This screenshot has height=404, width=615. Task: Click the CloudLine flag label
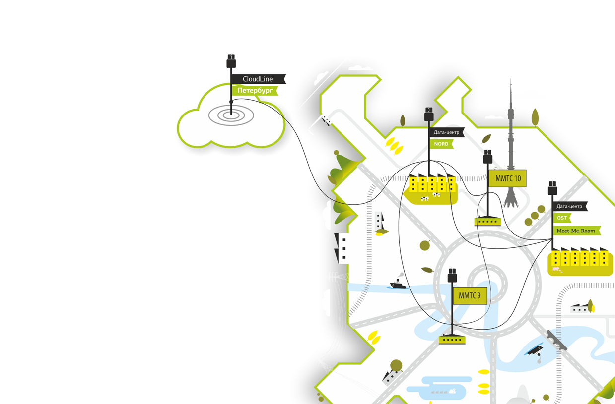[258, 79]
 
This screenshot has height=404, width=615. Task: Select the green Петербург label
[254, 91]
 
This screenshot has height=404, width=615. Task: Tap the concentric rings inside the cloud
[231, 115]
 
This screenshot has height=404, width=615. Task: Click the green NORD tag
[441, 144]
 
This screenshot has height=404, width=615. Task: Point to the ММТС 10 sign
[507, 178]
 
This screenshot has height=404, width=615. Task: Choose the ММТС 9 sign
[470, 296]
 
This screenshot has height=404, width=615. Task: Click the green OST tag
[562, 218]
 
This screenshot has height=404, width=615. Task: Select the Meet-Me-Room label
[576, 231]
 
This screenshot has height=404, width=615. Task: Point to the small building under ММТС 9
[452, 340]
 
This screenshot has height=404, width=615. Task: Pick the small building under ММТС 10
[487, 221]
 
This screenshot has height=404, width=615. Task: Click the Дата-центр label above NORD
[447, 132]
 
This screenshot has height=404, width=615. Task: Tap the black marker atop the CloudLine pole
[231, 61]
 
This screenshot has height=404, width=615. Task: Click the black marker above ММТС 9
[452, 275]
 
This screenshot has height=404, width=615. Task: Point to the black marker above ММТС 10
[487, 157]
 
